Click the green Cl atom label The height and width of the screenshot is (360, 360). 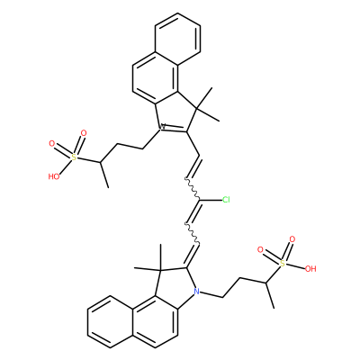coord(226,200)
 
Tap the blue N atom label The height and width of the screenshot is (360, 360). coord(196,291)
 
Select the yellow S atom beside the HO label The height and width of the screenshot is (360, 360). coord(74,157)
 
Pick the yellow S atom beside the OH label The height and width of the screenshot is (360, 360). coord(282,264)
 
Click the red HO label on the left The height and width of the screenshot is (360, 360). coord(54,176)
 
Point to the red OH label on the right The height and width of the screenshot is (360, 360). coord(310,269)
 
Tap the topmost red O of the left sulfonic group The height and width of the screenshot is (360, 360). coord(84,133)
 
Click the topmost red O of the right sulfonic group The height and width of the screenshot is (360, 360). coord(292,239)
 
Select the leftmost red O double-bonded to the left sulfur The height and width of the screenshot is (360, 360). coord(52,144)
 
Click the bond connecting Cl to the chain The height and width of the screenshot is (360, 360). coord(211,200)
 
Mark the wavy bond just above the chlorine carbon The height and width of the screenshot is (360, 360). coord(192,189)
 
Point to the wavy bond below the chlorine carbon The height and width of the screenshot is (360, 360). coord(192,233)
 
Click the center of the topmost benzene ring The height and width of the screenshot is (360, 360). coord(177,40)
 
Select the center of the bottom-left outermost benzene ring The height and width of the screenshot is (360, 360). coord(110,321)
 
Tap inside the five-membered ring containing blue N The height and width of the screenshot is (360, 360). coord(175,285)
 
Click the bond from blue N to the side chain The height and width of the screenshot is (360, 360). coord(211,294)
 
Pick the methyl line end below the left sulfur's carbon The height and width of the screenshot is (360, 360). coord(108,188)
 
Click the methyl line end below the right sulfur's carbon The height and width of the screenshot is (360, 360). coord(274,308)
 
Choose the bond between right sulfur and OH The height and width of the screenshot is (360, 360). coord(295,266)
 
